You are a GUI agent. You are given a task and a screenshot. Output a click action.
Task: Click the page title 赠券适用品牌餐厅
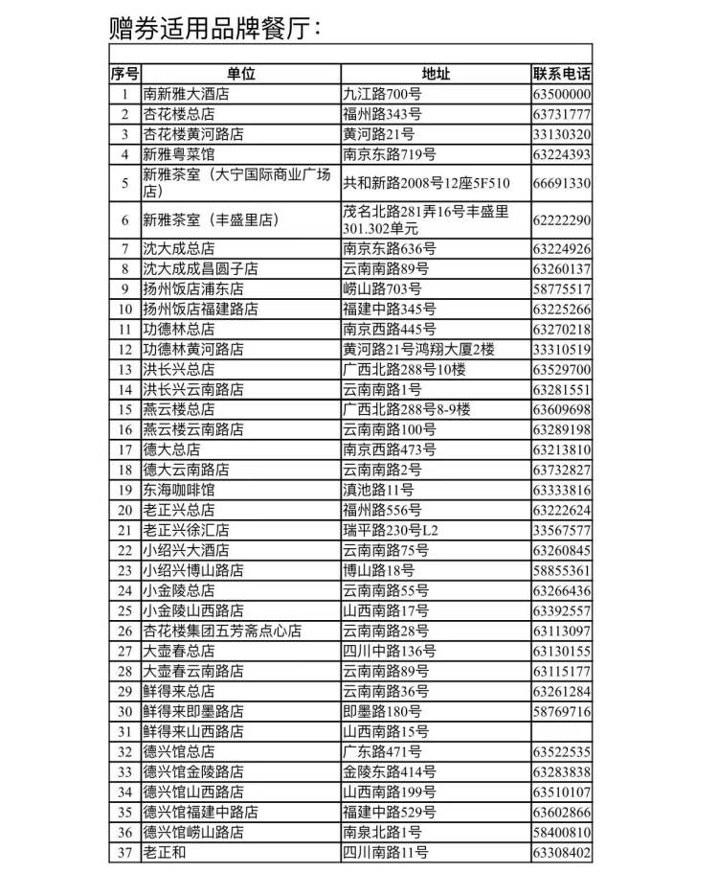(214, 28)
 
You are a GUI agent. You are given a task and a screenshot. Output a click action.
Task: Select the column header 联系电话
(562, 74)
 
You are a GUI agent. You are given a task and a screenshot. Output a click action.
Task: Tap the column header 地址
(436, 74)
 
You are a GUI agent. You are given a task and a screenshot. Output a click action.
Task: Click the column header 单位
(241, 74)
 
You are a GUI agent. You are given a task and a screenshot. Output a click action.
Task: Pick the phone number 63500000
(562, 94)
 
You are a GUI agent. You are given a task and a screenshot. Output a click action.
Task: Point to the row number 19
(124, 490)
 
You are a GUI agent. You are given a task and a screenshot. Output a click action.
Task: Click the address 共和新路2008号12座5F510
(427, 183)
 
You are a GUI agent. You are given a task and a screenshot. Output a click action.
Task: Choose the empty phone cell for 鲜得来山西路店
(562, 731)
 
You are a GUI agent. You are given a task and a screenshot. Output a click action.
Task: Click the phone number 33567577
(562, 530)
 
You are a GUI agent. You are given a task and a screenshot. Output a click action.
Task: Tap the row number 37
(124, 852)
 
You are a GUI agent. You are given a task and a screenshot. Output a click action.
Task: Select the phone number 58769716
(562, 711)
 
